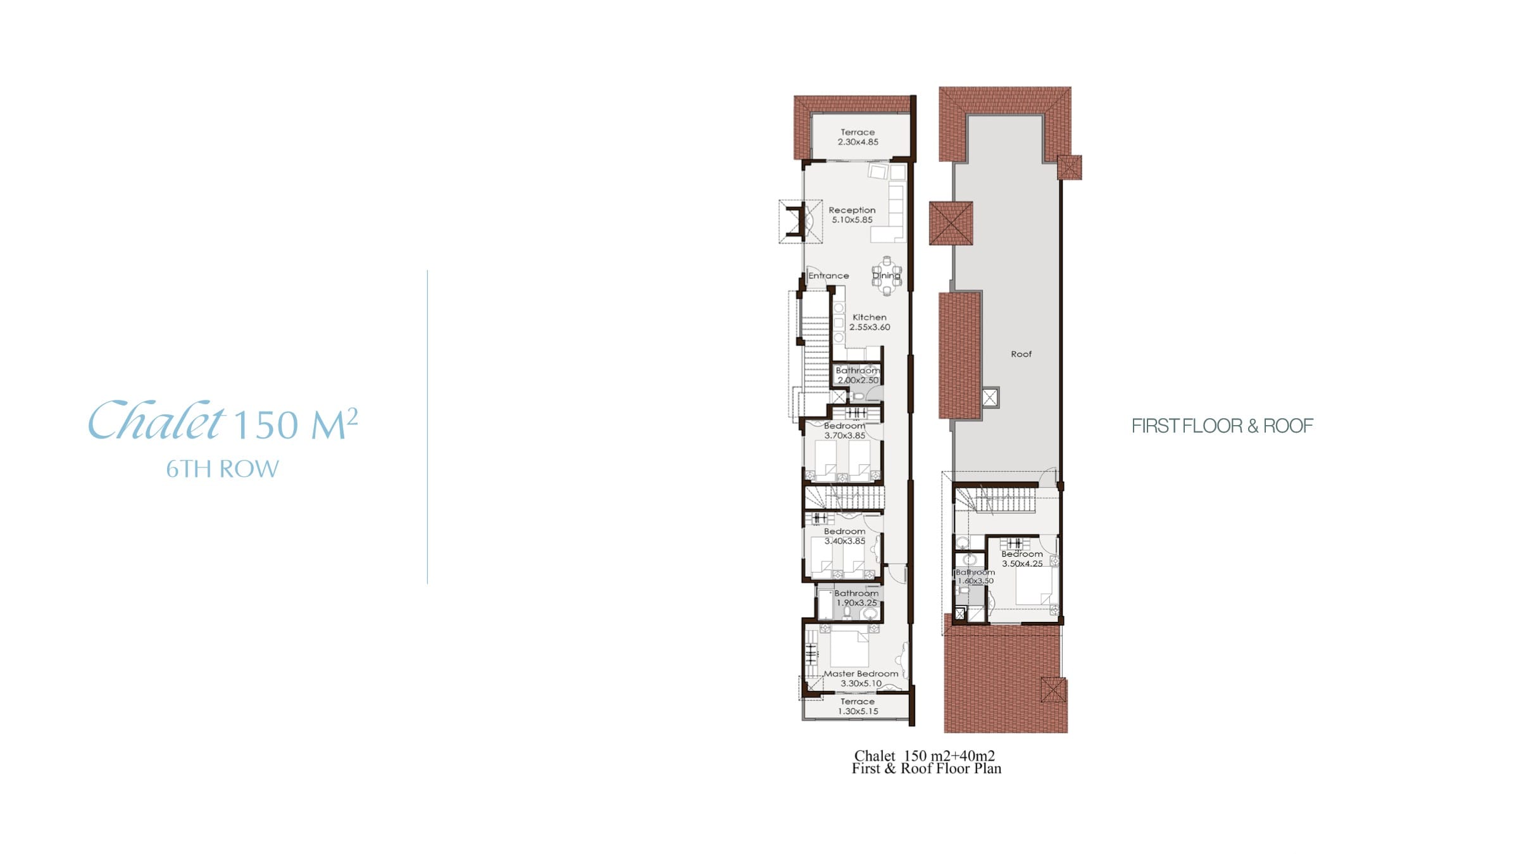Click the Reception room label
tap(852, 215)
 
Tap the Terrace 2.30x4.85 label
tap(858, 137)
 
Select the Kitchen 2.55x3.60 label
tap(870, 323)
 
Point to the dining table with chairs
tap(887, 276)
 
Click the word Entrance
tap(828, 276)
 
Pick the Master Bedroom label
tap(861, 679)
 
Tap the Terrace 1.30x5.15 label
tap(858, 707)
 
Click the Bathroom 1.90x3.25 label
tap(856, 598)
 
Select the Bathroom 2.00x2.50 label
tap(858, 376)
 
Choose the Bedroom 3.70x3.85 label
tap(844, 431)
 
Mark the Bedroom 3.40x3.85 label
tap(844, 536)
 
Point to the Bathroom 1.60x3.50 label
tap(975, 577)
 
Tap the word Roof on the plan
tap(1021, 354)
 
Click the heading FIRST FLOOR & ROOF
tap(1222, 426)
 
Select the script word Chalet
tap(156, 420)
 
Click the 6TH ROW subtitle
tap(222, 469)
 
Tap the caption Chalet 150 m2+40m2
tap(924, 755)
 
